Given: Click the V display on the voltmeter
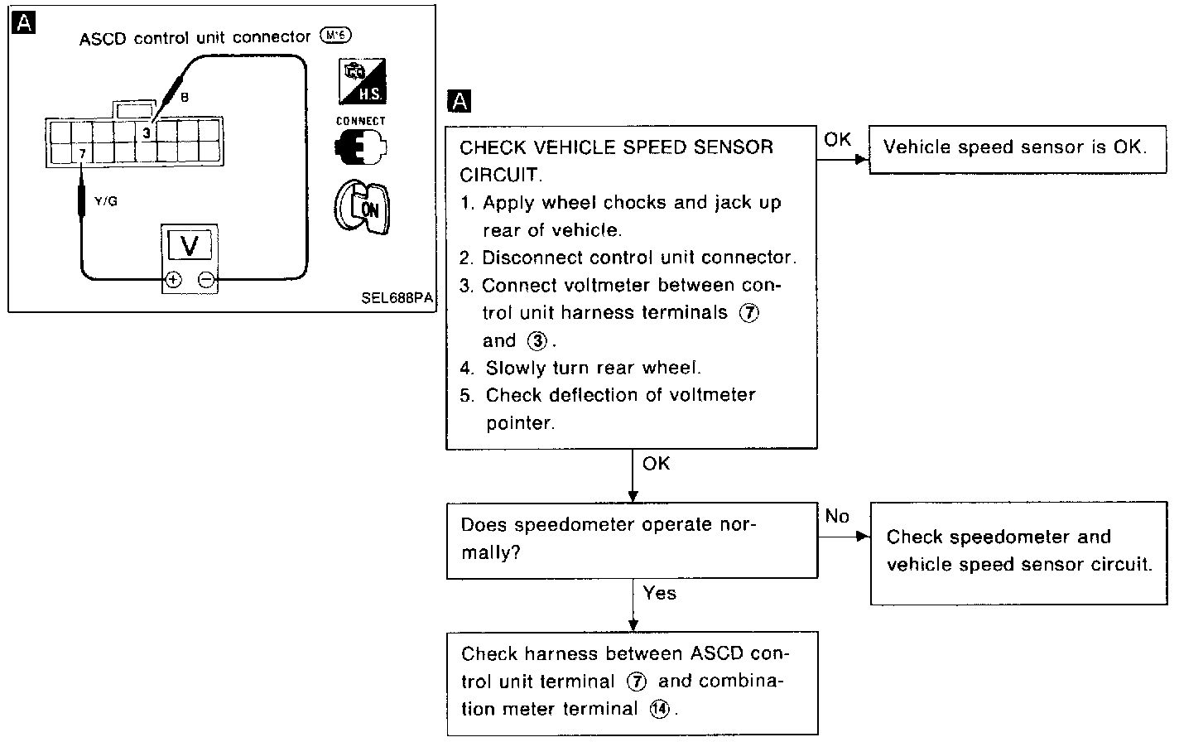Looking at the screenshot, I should [x=189, y=245].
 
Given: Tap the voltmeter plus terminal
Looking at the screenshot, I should [x=173, y=280].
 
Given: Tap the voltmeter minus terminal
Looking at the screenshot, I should [x=206, y=280].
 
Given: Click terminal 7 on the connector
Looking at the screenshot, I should [x=82, y=153].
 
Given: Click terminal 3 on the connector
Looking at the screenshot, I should [x=147, y=132].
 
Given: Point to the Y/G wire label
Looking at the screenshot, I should [x=106, y=201].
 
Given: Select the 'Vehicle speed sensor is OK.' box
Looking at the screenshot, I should [x=1014, y=148].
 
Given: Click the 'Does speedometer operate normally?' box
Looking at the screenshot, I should [x=632, y=539].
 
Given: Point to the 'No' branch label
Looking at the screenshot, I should [x=837, y=517].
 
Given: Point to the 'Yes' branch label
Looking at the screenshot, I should [x=659, y=593].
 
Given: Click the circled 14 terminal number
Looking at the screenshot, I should [x=659, y=710].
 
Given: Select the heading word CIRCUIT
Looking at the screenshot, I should [x=500, y=175].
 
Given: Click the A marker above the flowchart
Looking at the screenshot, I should [x=458, y=102].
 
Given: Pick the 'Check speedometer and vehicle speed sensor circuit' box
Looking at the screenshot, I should [x=1018, y=552].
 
